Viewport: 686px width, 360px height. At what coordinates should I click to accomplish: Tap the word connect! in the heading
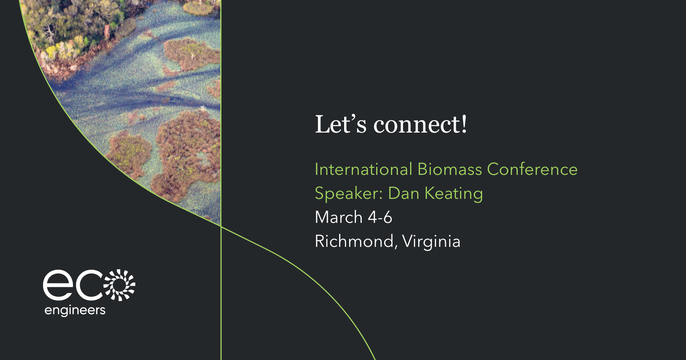pos(420,125)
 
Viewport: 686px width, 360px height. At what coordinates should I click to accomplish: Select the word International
pos(364,169)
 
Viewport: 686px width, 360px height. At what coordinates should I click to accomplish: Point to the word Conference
pos(532,169)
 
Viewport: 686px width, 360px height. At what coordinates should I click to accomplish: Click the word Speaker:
pos(348,194)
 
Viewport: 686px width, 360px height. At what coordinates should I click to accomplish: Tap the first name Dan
pos(403,193)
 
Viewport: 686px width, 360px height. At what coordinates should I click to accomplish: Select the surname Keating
pos(454,194)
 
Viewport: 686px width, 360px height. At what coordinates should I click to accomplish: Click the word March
pos(338,217)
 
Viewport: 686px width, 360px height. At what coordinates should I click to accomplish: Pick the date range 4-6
pos(380,217)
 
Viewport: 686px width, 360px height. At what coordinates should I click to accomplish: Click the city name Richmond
pos(354,241)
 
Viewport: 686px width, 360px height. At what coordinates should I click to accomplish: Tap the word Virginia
pos(431,242)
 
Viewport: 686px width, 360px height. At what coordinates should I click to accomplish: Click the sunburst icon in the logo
pos(120,285)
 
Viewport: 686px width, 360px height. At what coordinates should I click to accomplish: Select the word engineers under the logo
pos(75,310)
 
